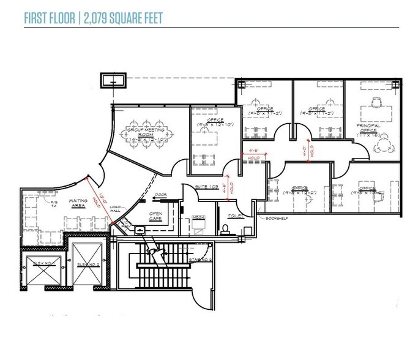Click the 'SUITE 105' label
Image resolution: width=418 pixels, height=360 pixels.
tap(204, 186)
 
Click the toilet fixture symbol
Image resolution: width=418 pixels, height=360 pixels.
tap(226, 229)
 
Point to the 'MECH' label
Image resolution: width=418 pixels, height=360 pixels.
tap(199, 217)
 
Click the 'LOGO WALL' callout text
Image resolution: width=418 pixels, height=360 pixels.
tap(115, 210)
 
